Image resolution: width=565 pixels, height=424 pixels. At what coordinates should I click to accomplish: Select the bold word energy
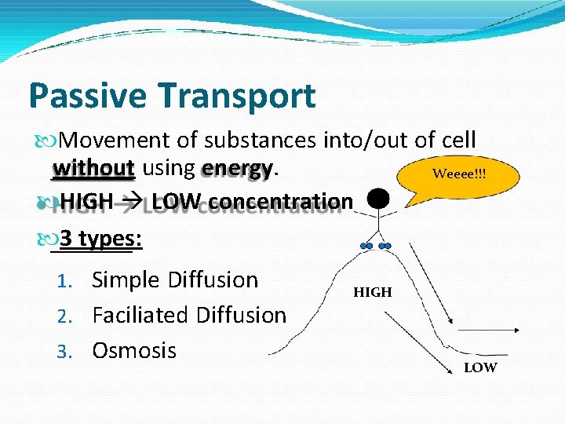(238, 169)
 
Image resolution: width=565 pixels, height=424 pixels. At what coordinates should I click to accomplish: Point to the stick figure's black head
(379, 200)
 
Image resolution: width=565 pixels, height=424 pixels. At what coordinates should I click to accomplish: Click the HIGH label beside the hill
(372, 292)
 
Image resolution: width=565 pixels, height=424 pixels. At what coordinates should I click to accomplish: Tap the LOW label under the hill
(480, 367)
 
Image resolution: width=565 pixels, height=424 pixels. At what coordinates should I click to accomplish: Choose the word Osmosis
(134, 350)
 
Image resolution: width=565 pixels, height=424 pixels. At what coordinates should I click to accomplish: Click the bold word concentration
(281, 202)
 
